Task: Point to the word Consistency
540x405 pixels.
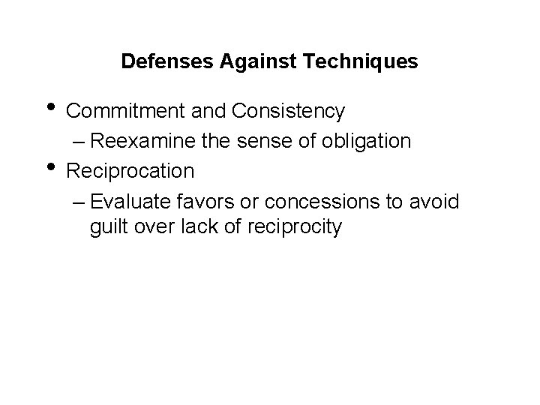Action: [289, 112]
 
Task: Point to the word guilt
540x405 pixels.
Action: [108, 226]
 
